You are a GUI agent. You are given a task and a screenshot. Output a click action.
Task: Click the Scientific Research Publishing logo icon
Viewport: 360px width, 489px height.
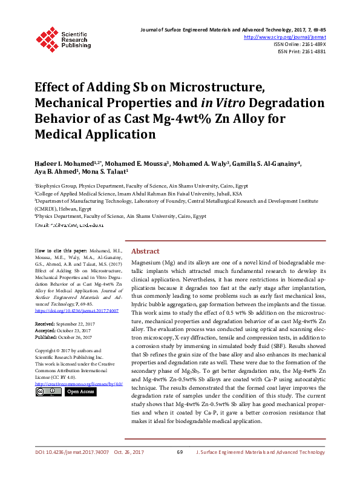[47, 38]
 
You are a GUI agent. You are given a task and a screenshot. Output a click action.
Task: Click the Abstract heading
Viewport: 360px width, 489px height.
[145, 251]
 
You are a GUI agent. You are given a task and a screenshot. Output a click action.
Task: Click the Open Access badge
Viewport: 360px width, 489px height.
[80, 392]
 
